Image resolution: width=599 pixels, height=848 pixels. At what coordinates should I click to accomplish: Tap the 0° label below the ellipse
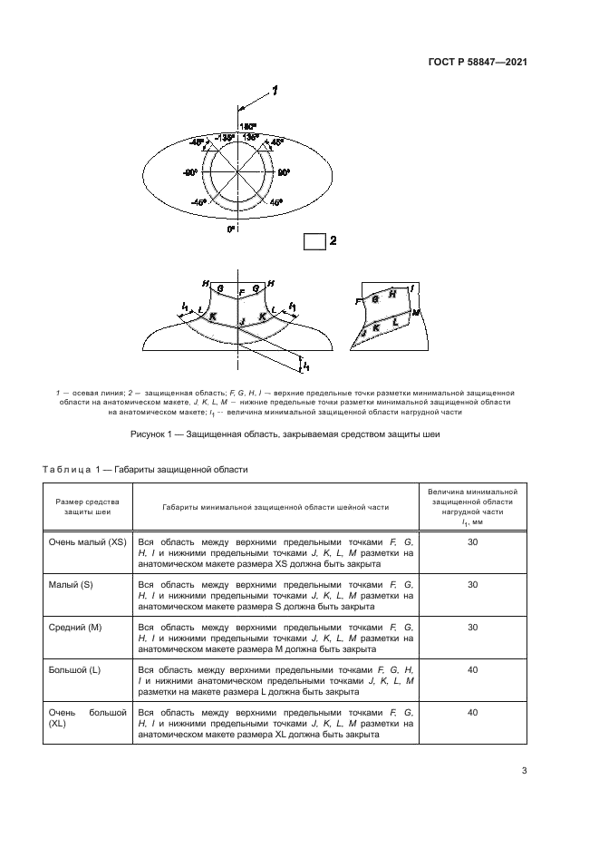pos(230,229)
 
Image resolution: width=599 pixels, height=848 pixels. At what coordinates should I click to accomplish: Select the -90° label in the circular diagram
pos(189,171)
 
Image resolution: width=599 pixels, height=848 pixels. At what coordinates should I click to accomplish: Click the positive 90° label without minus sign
pos(284,171)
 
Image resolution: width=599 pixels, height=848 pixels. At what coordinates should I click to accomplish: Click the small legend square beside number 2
pos(314,241)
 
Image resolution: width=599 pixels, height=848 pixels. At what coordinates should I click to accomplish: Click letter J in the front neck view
pos(241,321)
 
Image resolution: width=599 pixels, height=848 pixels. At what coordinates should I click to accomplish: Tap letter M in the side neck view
pos(416,312)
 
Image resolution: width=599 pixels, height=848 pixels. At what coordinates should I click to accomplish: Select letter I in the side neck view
pos(412,288)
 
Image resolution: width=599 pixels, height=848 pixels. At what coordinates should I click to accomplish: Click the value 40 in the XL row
pos(471,714)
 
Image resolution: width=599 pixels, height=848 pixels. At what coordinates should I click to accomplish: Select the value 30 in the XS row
pos(471,541)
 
